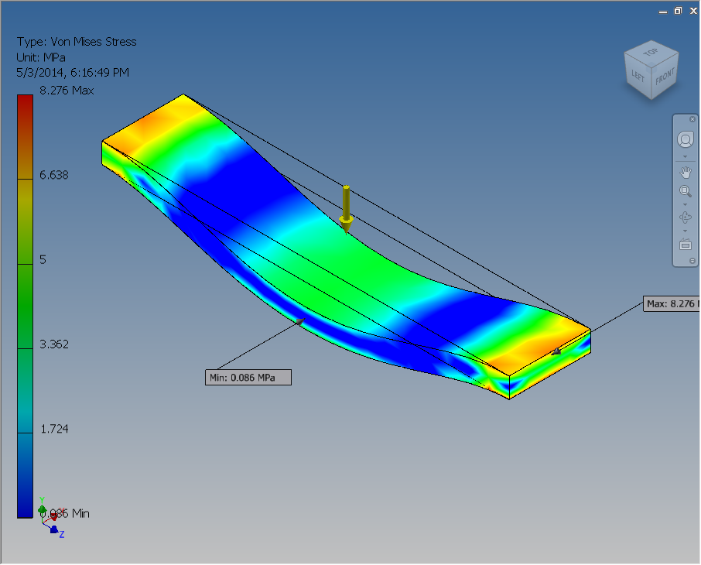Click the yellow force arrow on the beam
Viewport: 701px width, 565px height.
point(347,208)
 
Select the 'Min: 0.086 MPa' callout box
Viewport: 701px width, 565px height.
point(248,377)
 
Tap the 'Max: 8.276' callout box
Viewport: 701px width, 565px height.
point(671,303)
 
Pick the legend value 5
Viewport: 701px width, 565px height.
point(43,259)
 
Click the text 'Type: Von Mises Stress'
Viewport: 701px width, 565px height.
point(77,42)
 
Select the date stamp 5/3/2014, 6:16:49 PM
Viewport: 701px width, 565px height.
point(73,73)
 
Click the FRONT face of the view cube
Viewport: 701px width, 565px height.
point(665,77)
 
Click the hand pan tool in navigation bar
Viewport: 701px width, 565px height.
point(685,171)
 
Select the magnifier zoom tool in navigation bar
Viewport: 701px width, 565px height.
point(685,191)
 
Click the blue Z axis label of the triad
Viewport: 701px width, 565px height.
point(61,534)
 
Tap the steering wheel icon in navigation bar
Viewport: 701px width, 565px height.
point(685,140)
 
